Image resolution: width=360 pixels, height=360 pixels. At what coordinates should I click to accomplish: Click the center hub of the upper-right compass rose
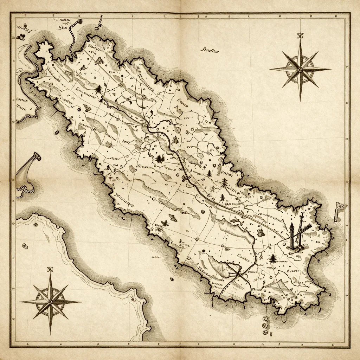[x=300, y=69]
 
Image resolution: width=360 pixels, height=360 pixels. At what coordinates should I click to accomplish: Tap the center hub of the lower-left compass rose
[x=50, y=302]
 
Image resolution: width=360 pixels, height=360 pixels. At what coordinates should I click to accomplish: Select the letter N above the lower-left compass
[x=50, y=270]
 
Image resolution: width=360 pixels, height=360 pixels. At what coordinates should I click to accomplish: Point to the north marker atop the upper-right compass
[x=300, y=36]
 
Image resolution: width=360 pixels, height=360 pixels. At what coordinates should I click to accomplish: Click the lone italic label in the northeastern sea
[x=210, y=50]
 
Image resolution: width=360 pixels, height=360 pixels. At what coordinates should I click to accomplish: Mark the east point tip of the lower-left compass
[x=80, y=302]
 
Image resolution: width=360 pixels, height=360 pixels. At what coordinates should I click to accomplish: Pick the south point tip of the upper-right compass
[x=300, y=100]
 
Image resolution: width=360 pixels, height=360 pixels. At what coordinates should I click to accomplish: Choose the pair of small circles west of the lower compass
[x=25, y=246]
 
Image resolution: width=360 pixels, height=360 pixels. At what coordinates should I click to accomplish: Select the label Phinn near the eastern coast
[x=227, y=174]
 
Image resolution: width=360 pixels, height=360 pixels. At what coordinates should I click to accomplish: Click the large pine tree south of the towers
[x=272, y=259]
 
